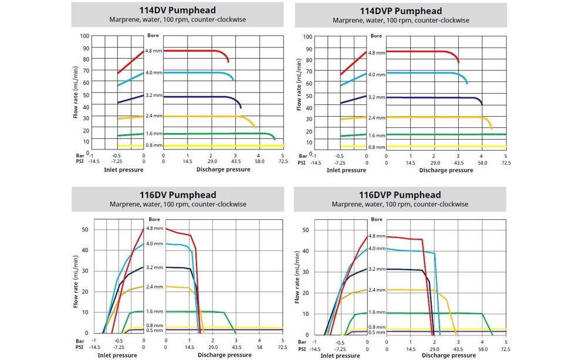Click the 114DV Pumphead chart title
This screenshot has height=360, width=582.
coord(177,10)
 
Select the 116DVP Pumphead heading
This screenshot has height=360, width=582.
coord(400,195)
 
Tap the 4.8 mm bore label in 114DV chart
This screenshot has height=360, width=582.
coord(153,51)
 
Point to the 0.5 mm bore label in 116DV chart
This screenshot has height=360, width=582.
coord(154,330)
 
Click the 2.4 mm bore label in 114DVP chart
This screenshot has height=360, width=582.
coord(376,118)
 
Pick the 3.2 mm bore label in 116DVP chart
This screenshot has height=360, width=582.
coord(377,269)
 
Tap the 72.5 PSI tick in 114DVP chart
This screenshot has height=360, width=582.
coord(505,163)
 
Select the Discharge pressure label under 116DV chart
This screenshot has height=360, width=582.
coord(224,355)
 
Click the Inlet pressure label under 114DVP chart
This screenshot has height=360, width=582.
coord(346,171)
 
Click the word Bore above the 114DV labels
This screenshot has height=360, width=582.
coord(153,36)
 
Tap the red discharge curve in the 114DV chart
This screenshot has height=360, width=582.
coord(194,51)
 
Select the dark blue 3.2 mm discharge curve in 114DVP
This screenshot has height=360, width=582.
coord(434,97)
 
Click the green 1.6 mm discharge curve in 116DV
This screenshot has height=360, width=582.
coord(194,311)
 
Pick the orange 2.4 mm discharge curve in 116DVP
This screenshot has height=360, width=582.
coord(411,290)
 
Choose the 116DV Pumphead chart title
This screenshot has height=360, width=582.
coord(177,195)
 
